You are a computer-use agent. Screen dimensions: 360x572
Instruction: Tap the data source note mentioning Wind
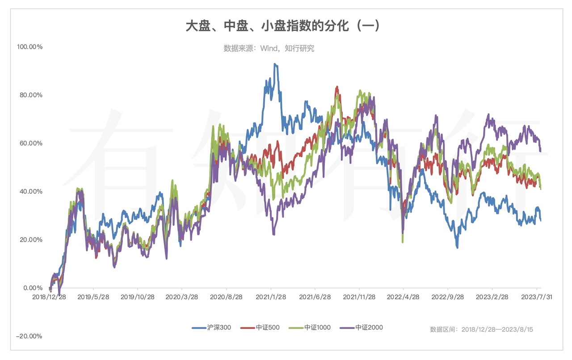coord(269,48)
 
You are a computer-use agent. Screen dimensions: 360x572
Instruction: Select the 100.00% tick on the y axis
coord(29,47)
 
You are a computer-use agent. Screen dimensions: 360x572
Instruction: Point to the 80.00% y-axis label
coord(29,95)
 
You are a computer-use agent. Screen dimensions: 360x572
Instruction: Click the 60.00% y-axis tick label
coord(29,143)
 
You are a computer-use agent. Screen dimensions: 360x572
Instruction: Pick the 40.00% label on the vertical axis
coord(29,192)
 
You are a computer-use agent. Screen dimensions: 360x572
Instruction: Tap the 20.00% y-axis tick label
coord(29,240)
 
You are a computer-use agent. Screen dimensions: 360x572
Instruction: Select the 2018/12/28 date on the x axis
coord(50,297)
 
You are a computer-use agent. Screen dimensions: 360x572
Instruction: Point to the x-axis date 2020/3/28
coord(182,297)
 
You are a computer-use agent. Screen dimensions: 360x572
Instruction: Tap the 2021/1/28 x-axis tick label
coord(271,297)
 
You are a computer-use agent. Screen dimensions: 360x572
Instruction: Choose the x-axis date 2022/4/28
coord(403,297)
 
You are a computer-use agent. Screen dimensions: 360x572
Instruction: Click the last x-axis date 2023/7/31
coord(536,297)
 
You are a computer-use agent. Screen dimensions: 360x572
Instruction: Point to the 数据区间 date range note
coord(481,330)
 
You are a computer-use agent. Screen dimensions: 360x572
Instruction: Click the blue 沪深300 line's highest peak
coord(275,64)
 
